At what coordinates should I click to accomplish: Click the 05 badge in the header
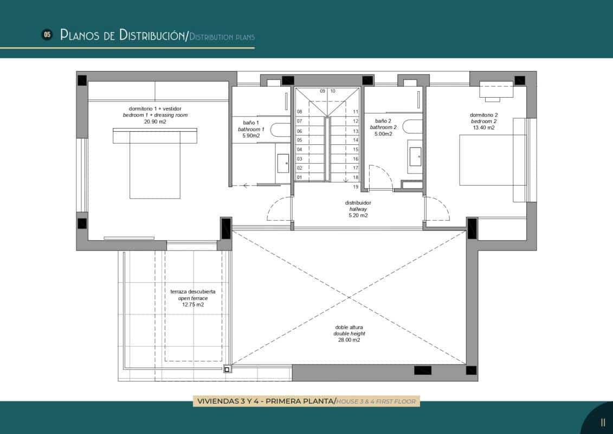pos(47,35)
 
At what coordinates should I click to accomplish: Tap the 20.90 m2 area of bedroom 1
pos(155,122)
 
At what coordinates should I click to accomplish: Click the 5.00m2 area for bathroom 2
pos(383,134)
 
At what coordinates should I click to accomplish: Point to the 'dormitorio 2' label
pos(483,114)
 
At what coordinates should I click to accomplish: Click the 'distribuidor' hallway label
pos(358,202)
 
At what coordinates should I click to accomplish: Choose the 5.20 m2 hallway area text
pos(358,215)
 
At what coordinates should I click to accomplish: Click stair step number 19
pos(356,187)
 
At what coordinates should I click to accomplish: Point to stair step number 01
pos(299,177)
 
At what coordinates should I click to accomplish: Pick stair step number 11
pos(356,112)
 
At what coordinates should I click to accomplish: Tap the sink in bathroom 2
pos(416,156)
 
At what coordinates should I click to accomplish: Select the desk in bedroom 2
pos(496,90)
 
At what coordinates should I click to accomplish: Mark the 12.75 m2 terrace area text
pos(193,305)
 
